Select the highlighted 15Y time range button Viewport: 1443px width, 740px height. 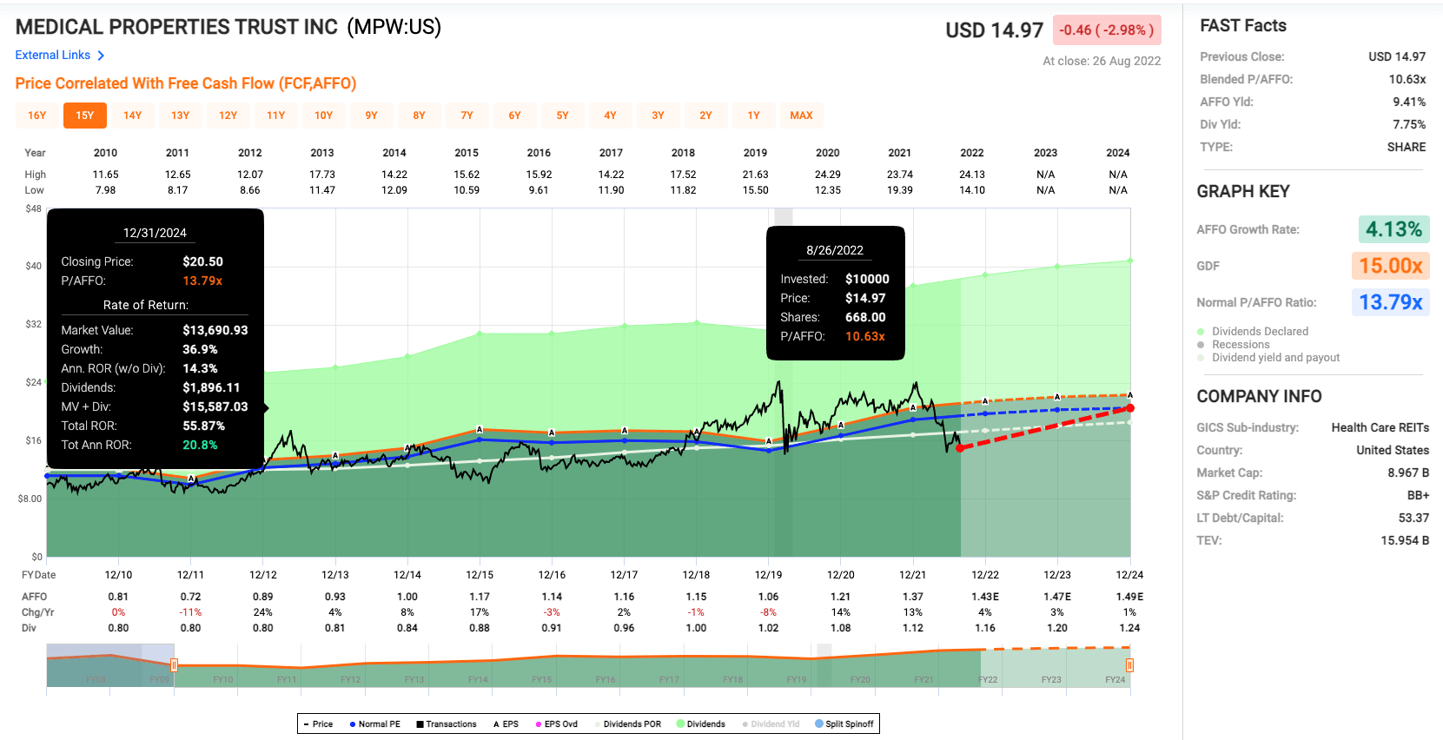tap(84, 116)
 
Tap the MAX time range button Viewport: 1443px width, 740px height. tap(801, 116)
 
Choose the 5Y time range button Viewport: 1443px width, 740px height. tap(562, 116)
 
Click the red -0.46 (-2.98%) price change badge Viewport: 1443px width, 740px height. tap(1106, 30)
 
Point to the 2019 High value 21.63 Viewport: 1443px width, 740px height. tap(755, 175)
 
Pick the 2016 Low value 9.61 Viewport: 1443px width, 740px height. tap(539, 190)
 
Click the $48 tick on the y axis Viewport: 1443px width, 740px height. tap(33, 208)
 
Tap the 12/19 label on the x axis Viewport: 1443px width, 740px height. tap(768, 575)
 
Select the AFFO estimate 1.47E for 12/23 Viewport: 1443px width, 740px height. tap(1056, 597)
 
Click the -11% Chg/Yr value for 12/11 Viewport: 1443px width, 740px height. tap(190, 612)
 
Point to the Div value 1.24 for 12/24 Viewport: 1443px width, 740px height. tap(1129, 628)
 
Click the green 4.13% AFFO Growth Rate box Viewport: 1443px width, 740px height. tap(1393, 229)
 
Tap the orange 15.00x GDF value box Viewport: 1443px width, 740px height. tap(1390, 266)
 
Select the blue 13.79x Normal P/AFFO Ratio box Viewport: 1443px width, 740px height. tap(1390, 302)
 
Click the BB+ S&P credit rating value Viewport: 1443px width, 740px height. tap(1418, 495)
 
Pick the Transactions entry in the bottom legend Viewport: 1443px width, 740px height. tap(447, 723)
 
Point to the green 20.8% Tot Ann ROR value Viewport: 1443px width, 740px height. tap(200, 445)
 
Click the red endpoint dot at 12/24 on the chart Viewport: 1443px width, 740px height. tap(1130, 408)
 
